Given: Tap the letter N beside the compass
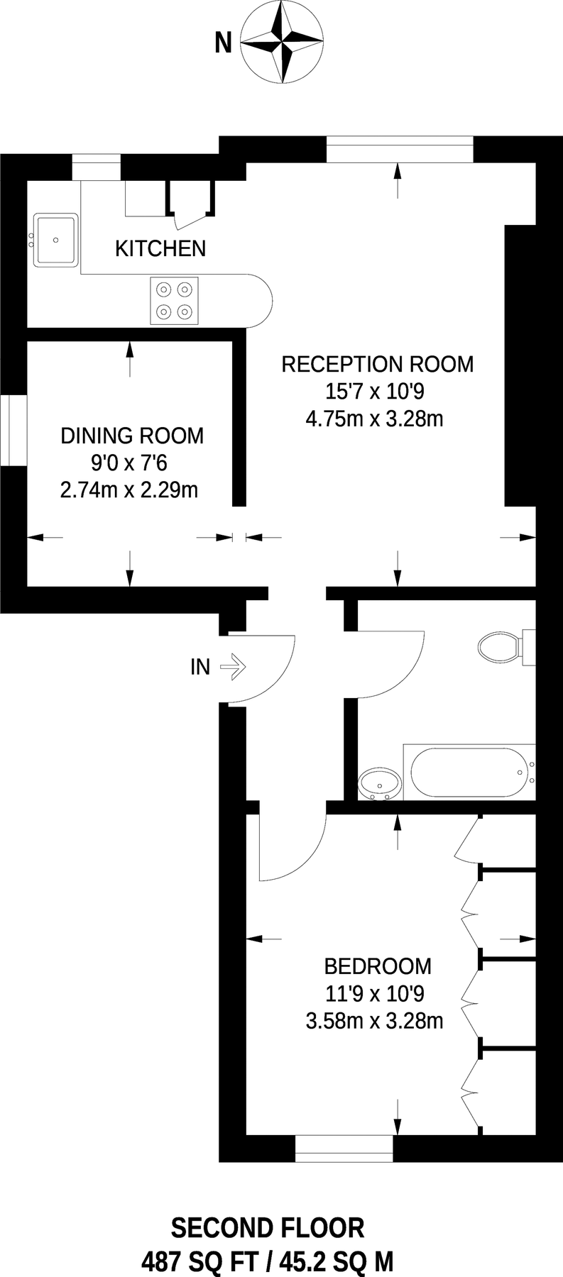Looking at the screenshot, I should tap(223, 45).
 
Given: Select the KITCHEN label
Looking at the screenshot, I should tap(160, 248).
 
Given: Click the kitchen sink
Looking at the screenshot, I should tap(56, 240).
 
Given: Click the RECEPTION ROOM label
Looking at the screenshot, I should tap(377, 365).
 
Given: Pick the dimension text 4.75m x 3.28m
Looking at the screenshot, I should tap(374, 419).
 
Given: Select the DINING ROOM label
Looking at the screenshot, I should tap(132, 436).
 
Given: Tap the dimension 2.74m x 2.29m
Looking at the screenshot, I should tap(129, 490).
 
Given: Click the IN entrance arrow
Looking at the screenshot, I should tap(232, 667).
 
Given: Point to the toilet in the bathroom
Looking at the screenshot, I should tap(500, 647).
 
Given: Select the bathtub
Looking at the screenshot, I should tap(469, 773).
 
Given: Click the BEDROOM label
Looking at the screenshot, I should tap(378, 966).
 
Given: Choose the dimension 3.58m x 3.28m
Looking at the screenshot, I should tap(374, 1021).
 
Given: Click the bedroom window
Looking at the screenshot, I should tap(344, 1149).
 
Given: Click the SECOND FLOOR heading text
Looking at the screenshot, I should tap(268, 1228).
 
